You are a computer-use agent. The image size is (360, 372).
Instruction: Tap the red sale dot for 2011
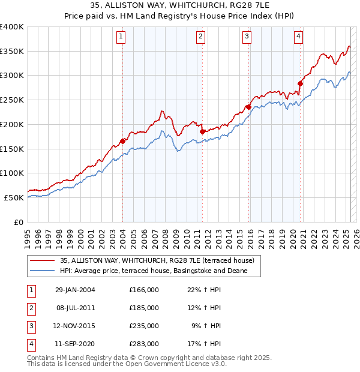[x=202, y=131]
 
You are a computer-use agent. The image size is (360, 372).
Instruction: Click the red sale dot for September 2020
[x=301, y=83]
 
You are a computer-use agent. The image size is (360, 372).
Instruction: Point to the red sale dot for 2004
[x=123, y=140]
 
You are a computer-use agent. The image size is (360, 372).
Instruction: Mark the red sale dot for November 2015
[x=248, y=107]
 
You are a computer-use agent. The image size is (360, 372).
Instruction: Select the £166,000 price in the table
[x=143, y=290]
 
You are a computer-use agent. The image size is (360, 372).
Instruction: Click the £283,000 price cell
[x=143, y=344]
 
